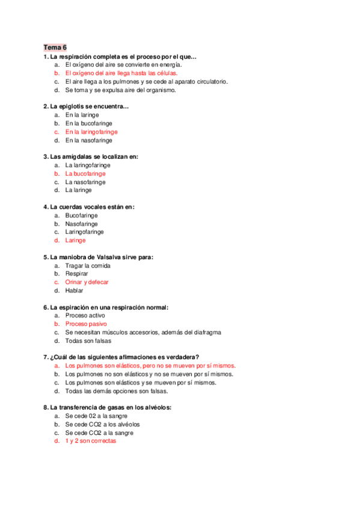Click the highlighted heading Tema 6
[x=55, y=48]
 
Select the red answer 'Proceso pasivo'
[x=86, y=324]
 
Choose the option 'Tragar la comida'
[x=87, y=265]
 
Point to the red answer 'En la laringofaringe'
[x=91, y=132]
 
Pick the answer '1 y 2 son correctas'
[x=91, y=441]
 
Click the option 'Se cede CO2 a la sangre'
[x=99, y=432]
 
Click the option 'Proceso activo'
[x=85, y=315]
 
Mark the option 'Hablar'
[x=75, y=290]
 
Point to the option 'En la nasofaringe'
[x=89, y=140]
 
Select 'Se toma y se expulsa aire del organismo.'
[x=120, y=90]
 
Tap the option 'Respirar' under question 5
[x=78, y=274]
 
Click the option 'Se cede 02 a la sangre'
[x=96, y=416]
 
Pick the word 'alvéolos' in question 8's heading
[x=159, y=407]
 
